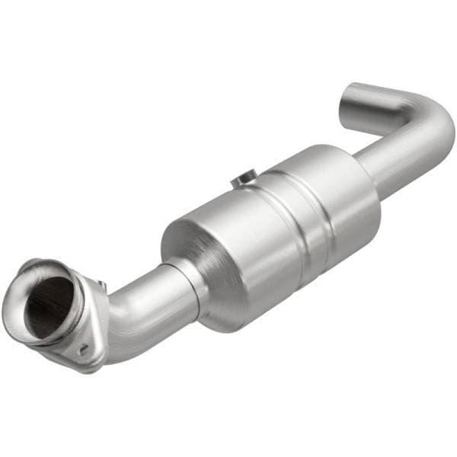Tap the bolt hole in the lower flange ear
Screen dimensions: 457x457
(x=82, y=350)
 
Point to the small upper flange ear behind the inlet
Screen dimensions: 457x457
(x=97, y=283)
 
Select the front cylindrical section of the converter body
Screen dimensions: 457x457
(x=244, y=251)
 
